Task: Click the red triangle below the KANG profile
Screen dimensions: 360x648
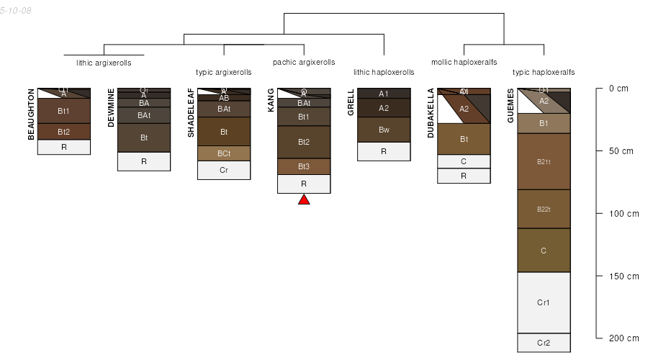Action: click(x=304, y=199)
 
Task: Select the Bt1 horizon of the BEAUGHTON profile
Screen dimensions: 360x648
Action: click(x=64, y=111)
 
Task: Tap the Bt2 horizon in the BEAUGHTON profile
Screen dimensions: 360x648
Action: click(x=64, y=132)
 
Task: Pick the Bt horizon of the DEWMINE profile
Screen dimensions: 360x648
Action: click(x=144, y=138)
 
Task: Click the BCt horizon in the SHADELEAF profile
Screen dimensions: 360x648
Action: click(x=224, y=153)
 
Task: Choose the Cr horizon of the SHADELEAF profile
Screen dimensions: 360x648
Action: click(x=224, y=170)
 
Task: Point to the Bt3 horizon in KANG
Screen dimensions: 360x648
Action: click(x=304, y=166)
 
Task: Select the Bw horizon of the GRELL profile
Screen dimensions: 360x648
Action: click(x=384, y=130)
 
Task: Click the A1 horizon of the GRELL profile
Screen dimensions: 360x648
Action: click(x=384, y=94)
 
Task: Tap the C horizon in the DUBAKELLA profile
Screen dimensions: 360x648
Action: click(x=464, y=161)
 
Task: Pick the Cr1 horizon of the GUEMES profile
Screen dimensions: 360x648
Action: click(x=544, y=302)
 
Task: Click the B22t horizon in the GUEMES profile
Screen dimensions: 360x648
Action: click(x=544, y=210)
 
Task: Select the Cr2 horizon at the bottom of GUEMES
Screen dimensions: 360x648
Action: click(x=544, y=343)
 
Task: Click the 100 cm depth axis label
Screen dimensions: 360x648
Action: click(x=624, y=214)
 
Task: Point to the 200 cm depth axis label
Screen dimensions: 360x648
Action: click(x=624, y=338)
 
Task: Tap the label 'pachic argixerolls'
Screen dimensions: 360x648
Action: click(x=304, y=62)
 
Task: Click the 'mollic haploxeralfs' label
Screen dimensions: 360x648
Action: click(x=464, y=62)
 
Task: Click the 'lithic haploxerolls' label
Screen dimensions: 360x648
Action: click(x=384, y=72)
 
